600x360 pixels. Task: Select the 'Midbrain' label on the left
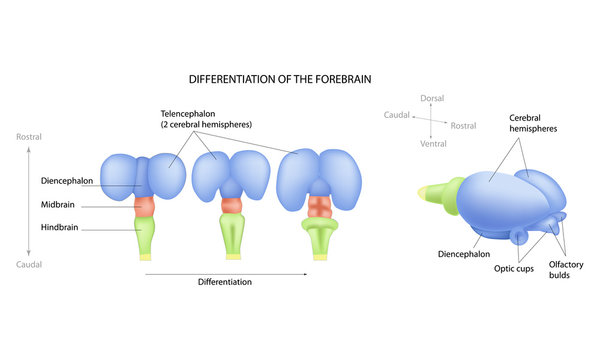[58, 205]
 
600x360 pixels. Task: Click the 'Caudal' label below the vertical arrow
[29, 265]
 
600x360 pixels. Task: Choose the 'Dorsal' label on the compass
[431, 98]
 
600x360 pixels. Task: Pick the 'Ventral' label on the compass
[431, 143]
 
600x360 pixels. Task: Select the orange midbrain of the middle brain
[232, 205]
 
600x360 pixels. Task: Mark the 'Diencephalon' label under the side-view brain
[464, 254]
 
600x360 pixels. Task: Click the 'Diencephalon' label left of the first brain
[67, 182]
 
